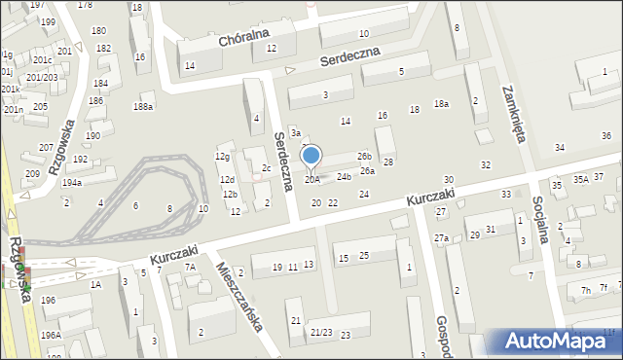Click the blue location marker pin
click(x=311, y=156)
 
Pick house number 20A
click(x=311, y=179)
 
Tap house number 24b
click(x=344, y=177)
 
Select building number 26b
click(x=364, y=156)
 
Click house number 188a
click(x=143, y=106)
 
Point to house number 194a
click(x=71, y=182)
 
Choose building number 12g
click(x=223, y=157)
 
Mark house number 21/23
click(x=321, y=333)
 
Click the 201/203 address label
click(x=42, y=77)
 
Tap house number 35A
click(x=580, y=179)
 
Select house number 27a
click(x=441, y=238)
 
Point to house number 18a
click(x=441, y=103)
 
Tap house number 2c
click(x=267, y=167)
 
